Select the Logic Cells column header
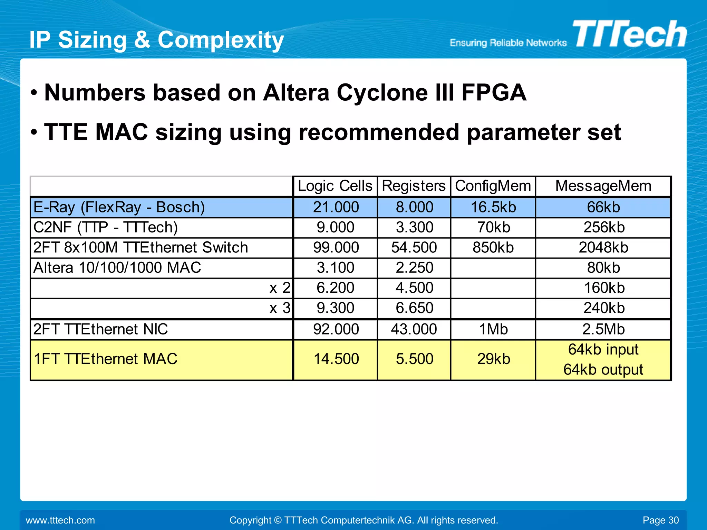(x=335, y=186)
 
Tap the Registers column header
(x=414, y=186)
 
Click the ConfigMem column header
(x=493, y=186)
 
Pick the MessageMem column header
(x=603, y=186)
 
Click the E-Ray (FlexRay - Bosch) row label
(x=119, y=207)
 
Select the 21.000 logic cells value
(x=336, y=207)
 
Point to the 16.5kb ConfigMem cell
(x=493, y=207)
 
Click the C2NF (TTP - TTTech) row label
(x=105, y=228)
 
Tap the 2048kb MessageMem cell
(x=603, y=248)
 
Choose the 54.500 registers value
(x=414, y=248)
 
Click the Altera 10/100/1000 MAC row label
(x=117, y=268)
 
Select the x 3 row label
(x=280, y=308)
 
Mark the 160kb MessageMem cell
(x=604, y=288)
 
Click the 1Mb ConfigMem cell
(x=493, y=329)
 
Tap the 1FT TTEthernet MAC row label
(x=105, y=359)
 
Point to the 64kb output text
(x=603, y=370)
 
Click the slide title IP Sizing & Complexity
(x=156, y=40)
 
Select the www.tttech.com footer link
(x=60, y=520)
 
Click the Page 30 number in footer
(x=660, y=520)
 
